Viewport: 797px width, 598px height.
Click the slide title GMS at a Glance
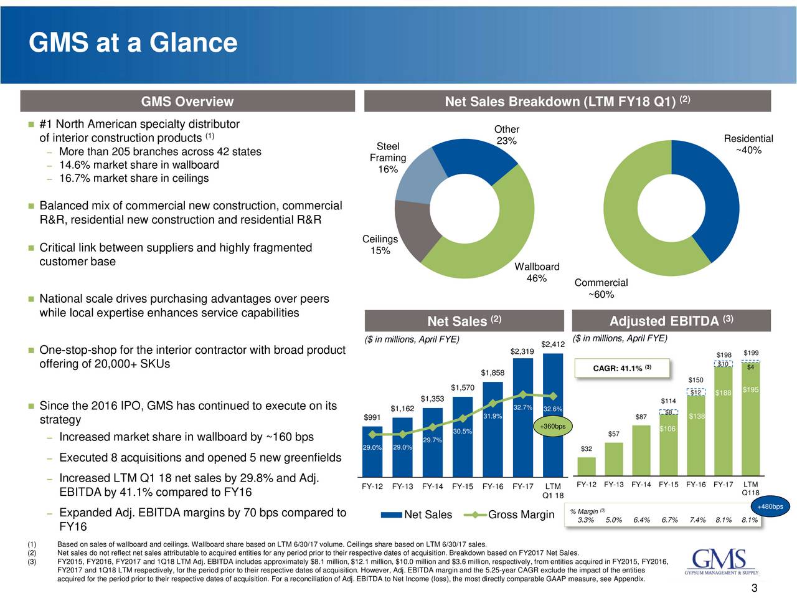(x=133, y=43)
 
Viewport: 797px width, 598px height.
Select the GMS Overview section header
(x=187, y=102)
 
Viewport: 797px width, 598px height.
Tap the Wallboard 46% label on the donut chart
(x=537, y=273)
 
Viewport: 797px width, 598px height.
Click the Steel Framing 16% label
(x=388, y=158)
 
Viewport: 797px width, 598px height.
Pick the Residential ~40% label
(x=748, y=145)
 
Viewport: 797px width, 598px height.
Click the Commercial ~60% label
(x=601, y=288)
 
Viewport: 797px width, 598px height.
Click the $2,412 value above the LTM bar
(x=553, y=344)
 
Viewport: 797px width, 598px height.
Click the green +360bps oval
(x=553, y=427)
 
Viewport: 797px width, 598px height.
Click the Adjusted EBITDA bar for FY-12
(x=587, y=465)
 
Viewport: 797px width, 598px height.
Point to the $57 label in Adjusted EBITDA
(x=613, y=434)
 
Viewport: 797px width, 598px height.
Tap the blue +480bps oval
(x=770, y=506)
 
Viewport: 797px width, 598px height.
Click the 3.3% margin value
(x=585, y=521)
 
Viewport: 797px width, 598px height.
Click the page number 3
(x=754, y=590)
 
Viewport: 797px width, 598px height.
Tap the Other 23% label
(x=507, y=135)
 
